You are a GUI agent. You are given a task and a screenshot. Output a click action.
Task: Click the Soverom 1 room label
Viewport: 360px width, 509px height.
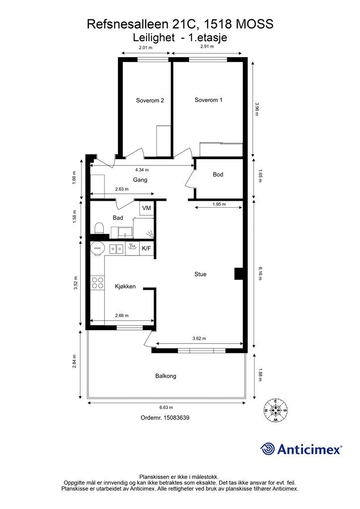tap(208, 100)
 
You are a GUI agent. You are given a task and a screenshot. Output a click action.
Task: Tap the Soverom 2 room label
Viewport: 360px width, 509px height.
tap(150, 100)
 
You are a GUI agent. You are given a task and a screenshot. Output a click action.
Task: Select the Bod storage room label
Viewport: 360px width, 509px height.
tap(218, 174)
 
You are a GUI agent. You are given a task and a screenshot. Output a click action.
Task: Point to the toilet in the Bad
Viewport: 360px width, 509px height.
tap(98, 228)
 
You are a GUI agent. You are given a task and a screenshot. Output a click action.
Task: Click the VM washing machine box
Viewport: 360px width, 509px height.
tap(147, 208)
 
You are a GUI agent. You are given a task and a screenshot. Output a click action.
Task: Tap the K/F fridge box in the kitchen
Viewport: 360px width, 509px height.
tap(146, 249)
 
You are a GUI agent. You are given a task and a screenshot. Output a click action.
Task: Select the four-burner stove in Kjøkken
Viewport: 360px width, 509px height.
tap(97, 283)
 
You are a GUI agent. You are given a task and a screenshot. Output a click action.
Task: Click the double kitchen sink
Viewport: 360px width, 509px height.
tap(116, 249)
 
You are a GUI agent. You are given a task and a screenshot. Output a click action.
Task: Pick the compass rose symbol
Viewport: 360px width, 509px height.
tap(275, 410)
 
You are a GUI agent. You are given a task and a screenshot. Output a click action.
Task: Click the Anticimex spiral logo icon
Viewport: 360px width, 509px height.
tap(267, 449)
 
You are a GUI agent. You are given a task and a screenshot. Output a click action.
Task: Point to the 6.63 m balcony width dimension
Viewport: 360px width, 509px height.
tap(166, 407)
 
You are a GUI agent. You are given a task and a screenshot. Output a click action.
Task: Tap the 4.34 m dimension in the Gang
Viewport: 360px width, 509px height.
tap(142, 170)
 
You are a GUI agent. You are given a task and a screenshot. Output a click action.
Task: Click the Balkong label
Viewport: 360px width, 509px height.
tap(166, 376)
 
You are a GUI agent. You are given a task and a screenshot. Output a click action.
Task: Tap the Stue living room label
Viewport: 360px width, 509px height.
tap(200, 274)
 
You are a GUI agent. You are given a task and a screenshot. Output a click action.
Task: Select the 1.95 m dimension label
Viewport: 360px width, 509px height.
tap(219, 204)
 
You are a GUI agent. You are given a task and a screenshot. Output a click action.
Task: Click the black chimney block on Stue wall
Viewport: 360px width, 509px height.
tap(239, 274)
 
